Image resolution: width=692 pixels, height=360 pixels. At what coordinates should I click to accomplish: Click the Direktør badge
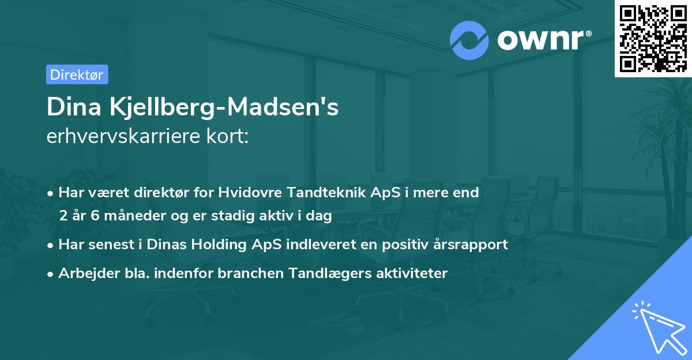coord(77,74)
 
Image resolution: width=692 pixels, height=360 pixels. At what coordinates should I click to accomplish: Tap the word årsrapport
coord(469,245)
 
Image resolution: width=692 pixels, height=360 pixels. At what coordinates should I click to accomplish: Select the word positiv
coord(407,245)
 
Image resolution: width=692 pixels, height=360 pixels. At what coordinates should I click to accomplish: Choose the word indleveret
coord(322,245)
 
